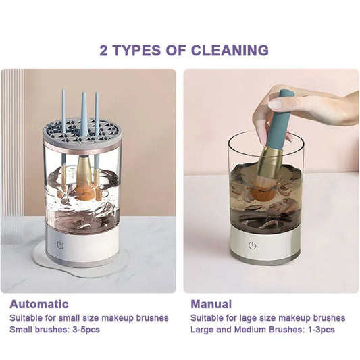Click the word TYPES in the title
tap(130, 50)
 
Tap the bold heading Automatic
tap(38, 304)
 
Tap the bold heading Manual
tap(211, 304)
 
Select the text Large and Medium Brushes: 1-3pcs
tap(262, 330)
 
